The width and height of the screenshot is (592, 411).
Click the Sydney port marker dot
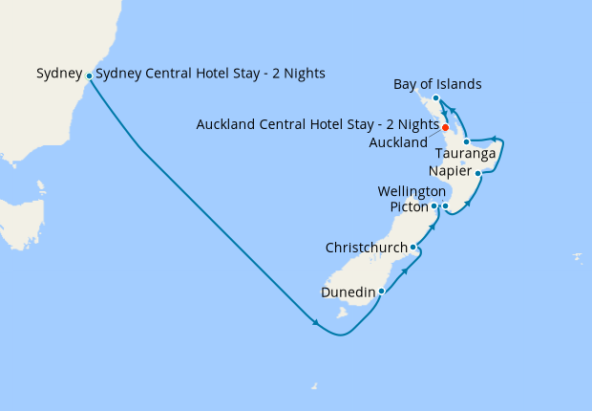click(x=89, y=76)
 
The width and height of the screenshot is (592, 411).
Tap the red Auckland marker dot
click(x=446, y=127)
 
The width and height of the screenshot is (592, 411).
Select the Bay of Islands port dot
click(x=435, y=98)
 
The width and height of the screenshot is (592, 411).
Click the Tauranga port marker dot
click(x=466, y=141)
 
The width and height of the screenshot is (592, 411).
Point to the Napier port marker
click(x=477, y=173)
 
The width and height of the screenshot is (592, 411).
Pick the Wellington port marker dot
click(x=445, y=205)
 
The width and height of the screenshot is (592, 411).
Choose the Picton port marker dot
click(x=433, y=205)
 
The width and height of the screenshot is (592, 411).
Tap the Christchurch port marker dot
click(x=412, y=248)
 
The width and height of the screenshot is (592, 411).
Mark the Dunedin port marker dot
click(x=381, y=291)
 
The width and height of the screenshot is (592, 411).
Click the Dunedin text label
click(x=349, y=291)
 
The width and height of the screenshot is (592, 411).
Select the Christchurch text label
click(x=367, y=248)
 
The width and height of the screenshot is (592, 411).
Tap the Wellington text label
click(x=412, y=191)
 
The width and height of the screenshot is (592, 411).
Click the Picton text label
click(x=410, y=206)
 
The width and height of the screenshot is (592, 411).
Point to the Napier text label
click(x=450, y=171)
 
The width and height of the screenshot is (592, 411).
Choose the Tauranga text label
click(x=464, y=154)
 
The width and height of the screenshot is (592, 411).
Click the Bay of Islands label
click(x=437, y=85)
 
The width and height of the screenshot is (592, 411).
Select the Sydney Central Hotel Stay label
click(x=211, y=74)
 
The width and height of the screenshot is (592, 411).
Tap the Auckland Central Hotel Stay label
click(x=317, y=124)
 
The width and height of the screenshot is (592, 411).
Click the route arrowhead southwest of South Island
click(x=315, y=322)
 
